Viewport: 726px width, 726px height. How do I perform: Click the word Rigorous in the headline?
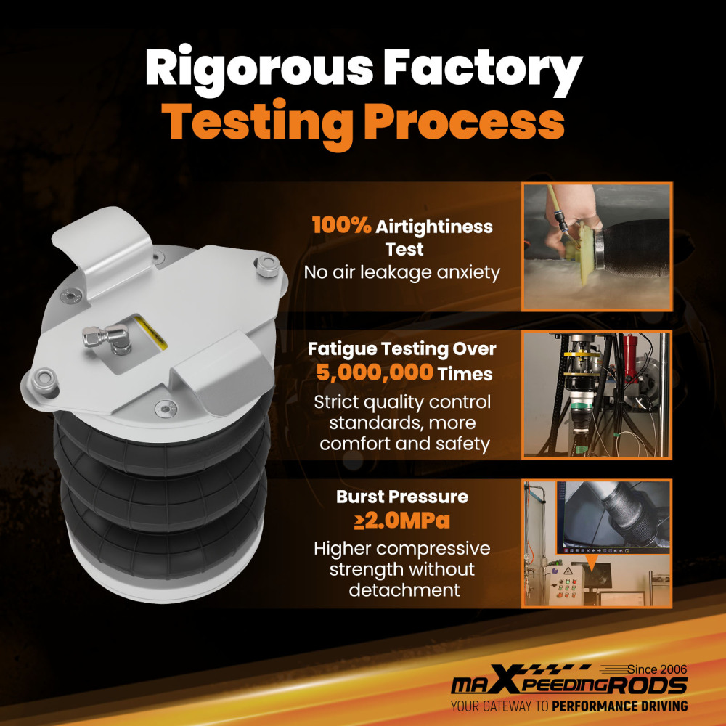[259, 70]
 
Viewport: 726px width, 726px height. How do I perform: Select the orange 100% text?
[341, 226]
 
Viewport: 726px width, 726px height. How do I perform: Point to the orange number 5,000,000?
[375, 372]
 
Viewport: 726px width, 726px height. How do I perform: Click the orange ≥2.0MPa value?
[402, 521]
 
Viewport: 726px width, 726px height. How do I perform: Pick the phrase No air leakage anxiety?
[402, 272]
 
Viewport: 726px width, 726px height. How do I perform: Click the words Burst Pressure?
[402, 497]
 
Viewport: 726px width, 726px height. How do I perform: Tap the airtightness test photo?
[597, 247]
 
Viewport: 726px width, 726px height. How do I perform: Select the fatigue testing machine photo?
[597, 395]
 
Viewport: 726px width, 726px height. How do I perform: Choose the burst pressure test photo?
[597, 544]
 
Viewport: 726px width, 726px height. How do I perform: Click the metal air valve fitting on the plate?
[107, 338]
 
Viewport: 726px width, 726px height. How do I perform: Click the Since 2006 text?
[656, 669]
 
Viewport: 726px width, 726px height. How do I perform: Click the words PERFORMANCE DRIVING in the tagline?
[619, 706]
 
